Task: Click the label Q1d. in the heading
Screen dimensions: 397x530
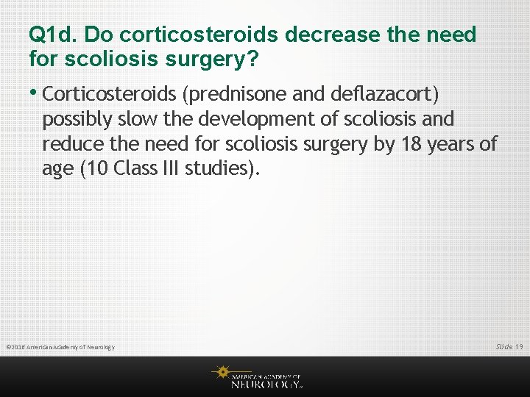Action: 53,35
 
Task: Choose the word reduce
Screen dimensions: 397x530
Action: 73,144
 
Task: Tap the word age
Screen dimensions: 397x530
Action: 58,169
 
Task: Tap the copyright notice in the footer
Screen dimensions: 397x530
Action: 60,347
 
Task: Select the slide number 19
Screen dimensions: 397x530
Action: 519,346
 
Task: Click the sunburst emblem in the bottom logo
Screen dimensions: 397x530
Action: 221,373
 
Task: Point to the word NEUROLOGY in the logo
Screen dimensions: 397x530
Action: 266,383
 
